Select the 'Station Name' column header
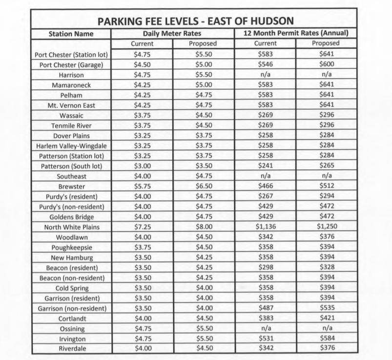coord(71,34)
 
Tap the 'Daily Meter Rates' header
coord(172,34)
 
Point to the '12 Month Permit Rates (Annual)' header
coord(296,34)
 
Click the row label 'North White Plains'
coord(71,227)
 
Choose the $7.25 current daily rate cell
coord(142,227)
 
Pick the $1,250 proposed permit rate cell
coord(326,227)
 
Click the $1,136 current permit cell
coord(266,227)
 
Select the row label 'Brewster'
coord(71,186)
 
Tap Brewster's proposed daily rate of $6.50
coord(203,186)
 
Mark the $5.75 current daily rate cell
coord(142,186)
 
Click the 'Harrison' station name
coord(71,75)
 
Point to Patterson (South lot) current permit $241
coord(266,165)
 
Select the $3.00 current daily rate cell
coord(142,165)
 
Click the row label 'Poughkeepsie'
coord(71,247)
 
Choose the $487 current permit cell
coord(266,308)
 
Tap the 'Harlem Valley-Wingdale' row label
coord(71,145)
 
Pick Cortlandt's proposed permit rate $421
coord(326,318)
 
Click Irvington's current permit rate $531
coord(266,339)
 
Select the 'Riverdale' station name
coord(71,348)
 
